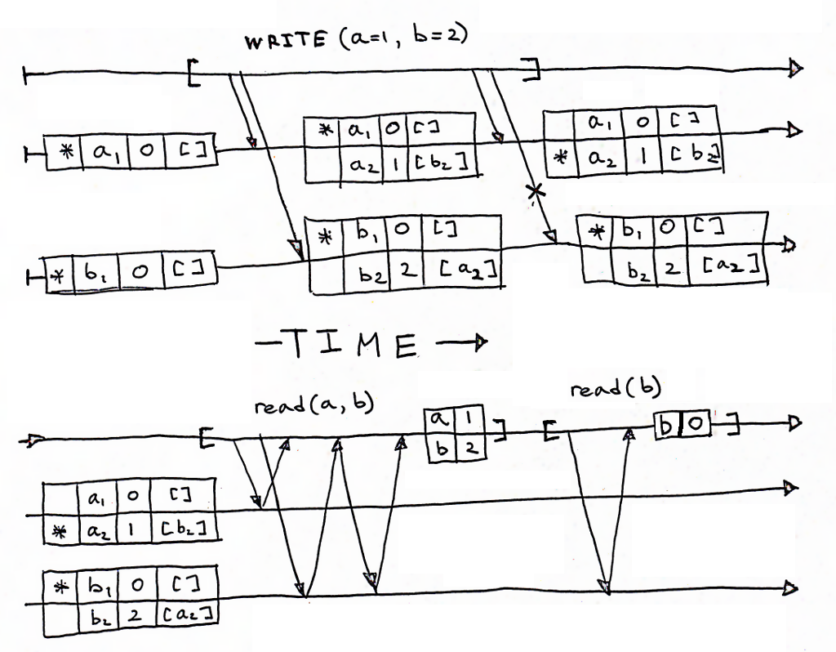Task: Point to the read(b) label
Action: tap(606, 391)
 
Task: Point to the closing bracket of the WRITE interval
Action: tap(534, 70)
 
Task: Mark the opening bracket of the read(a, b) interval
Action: tap(207, 440)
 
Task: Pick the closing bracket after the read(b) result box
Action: tap(736, 426)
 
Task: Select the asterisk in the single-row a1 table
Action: tap(67, 151)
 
